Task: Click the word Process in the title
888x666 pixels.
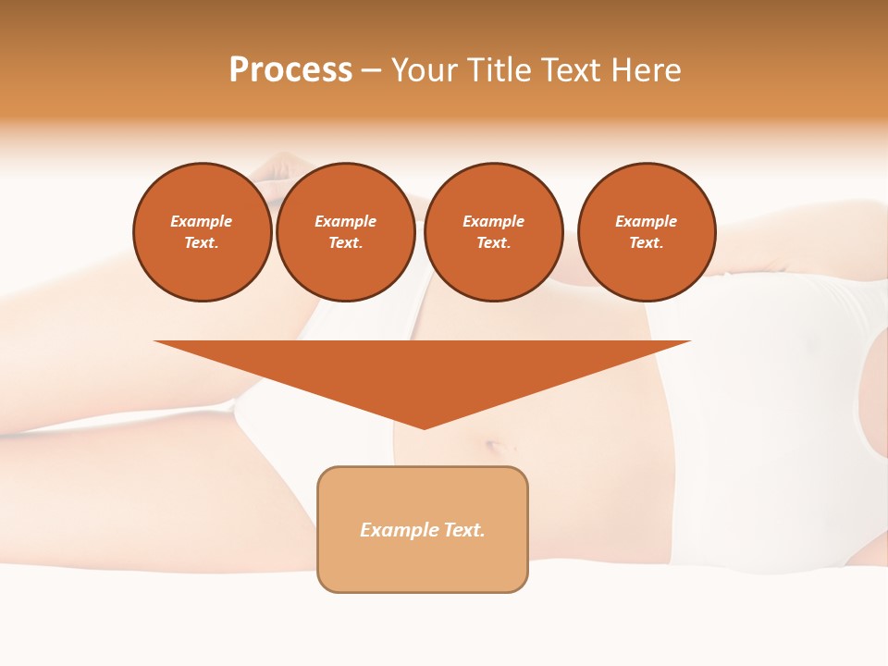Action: [x=290, y=70]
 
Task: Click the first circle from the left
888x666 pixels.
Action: [x=202, y=232]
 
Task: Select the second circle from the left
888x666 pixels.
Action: [x=345, y=232]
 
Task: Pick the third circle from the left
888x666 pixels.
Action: [x=493, y=232]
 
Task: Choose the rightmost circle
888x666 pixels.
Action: [x=647, y=232]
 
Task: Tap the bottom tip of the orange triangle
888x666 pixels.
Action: [x=424, y=426]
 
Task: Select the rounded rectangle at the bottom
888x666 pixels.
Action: [x=423, y=529]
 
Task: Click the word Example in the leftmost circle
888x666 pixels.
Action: [x=202, y=221]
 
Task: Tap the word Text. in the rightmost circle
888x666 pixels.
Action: [x=647, y=242]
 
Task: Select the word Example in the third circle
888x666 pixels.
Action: [x=493, y=221]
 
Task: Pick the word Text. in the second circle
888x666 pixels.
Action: [x=345, y=242]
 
